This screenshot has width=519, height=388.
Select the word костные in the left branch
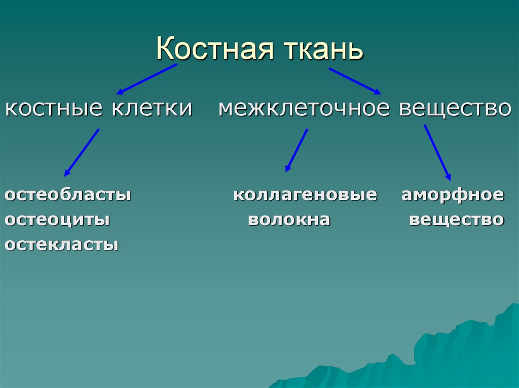[50, 109]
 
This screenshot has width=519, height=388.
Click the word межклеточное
[304, 109]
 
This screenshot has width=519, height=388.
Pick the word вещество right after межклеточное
[455, 109]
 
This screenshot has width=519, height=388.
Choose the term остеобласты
[68, 195]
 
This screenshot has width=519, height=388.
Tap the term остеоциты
[58, 220]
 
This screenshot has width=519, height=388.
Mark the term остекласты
[62, 245]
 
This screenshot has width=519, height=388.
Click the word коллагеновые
[305, 195]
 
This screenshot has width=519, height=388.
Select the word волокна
[289, 220]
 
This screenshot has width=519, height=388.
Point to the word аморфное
[453, 195]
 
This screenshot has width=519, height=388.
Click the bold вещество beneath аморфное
[456, 220]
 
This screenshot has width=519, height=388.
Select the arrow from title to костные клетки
[147, 79]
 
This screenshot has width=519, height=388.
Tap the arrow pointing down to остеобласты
[82, 152]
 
